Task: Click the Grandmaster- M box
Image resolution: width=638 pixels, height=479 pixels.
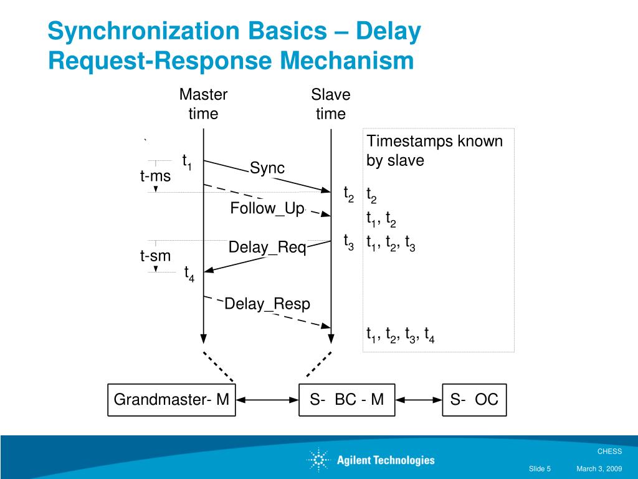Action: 171,400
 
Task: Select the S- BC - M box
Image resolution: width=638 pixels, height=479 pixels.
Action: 346,400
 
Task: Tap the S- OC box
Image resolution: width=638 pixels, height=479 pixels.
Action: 474,400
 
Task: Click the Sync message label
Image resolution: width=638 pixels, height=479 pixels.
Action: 267,168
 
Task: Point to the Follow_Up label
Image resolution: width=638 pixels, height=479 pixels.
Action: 267,208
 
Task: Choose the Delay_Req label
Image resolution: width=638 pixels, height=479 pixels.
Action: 267,248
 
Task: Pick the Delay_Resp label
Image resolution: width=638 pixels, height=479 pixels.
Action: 267,304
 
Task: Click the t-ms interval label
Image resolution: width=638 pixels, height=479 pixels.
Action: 155,177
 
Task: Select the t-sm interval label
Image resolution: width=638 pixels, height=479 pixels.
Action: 155,255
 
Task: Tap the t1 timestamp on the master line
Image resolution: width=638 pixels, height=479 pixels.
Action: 186,162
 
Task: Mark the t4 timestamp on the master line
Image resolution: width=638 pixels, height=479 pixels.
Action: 189,273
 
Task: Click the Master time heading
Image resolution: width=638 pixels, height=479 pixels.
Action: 203,104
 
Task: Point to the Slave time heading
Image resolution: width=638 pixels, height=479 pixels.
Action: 330,104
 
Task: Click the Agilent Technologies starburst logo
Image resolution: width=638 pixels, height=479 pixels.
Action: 318,460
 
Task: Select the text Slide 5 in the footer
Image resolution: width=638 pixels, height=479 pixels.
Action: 540,469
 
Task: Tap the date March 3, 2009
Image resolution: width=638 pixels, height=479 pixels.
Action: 599,469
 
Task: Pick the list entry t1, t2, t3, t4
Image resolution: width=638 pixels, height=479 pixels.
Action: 400,336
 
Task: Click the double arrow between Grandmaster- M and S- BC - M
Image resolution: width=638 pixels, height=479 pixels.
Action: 267,400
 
